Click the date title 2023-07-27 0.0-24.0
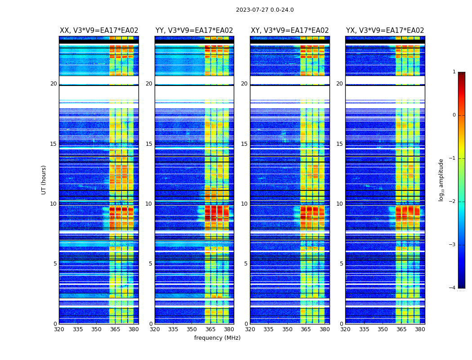[x=265, y=10]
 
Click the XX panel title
[x=99, y=31]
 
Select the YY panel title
[x=194, y=31]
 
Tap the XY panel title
[x=290, y=31]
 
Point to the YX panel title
[x=385, y=31]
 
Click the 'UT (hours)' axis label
[x=44, y=180]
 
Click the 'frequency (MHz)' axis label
[x=217, y=338]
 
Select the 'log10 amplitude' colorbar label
[x=441, y=180]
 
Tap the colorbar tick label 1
[x=454, y=72]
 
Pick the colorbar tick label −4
[x=453, y=288]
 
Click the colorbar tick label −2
[x=453, y=202]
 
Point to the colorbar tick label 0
[x=454, y=115]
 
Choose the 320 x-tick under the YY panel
[x=155, y=329]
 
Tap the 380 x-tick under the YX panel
[x=420, y=329]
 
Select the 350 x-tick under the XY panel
[x=287, y=329]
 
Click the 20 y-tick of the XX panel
[x=53, y=84]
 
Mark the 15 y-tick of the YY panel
[x=149, y=144]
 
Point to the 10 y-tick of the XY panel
[x=244, y=204]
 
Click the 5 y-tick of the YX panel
[x=341, y=264]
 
